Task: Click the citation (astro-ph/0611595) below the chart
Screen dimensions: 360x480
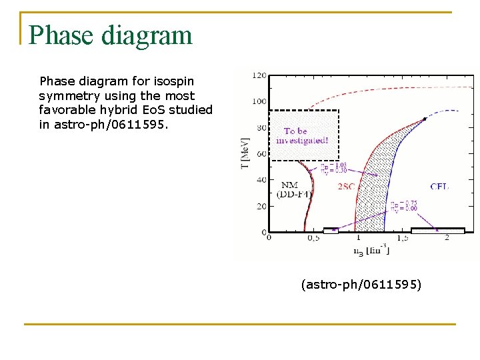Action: (x=361, y=285)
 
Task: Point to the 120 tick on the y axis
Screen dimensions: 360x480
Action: (x=260, y=75)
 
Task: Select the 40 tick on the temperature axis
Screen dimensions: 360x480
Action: (x=261, y=180)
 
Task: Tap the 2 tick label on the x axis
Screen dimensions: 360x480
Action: (x=445, y=238)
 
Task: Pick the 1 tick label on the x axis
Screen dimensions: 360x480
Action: (x=357, y=238)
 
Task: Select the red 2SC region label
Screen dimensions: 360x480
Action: (x=347, y=187)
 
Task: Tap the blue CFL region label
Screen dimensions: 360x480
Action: (x=439, y=187)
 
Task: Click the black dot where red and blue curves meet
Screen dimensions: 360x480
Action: (x=425, y=119)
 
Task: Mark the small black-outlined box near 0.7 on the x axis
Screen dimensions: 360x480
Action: (x=331, y=231)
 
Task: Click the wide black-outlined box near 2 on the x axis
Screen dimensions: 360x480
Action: (x=437, y=231)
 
